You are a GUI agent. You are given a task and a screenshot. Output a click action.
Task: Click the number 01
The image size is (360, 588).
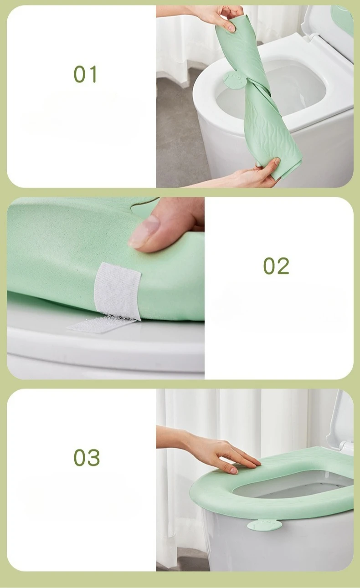coord(85,74)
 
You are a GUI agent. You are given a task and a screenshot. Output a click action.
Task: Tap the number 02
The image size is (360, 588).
coord(276,266)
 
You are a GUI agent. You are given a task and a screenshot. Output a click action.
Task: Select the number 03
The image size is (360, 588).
coord(87,458)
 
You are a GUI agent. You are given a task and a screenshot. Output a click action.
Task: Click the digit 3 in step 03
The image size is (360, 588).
coord(94,458)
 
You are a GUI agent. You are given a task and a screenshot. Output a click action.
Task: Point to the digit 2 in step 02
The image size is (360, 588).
coord(283,266)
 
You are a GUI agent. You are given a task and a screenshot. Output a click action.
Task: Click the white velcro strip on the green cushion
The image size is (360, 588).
coord(118,291)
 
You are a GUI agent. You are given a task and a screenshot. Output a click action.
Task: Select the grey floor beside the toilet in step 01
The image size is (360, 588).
coord(181,131)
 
